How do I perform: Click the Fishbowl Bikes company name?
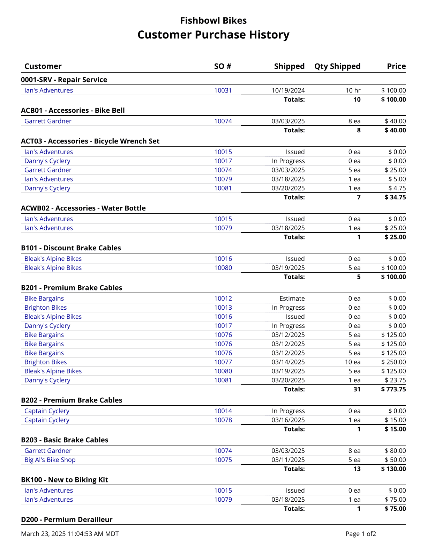[x=213, y=21]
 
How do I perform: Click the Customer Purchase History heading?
[x=213, y=35]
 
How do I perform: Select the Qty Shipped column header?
[x=337, y=66]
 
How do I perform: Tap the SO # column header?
[x=223, y=66]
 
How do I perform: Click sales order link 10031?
[x=223, y=90]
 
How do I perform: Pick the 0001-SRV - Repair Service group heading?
[x=64, y=80]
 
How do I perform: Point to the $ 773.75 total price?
[x=393, y=389]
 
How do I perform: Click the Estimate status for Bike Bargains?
[x=292, y=298]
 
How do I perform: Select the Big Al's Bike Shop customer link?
[x=50, y=460]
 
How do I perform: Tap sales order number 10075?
[x=223, y=460]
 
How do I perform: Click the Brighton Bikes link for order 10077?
[x=45, y=362]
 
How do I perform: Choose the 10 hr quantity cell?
[x=353, y=90]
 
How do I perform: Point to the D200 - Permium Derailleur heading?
[x=67, y=519]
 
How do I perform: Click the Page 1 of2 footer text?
[x=360, y=534]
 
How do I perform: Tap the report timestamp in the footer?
[x=70, y=534]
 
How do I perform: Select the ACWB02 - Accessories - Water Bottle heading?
[x=83, y=208]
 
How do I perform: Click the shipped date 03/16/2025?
[x=288, y=420]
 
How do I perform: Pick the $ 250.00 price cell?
[x=393, y=362]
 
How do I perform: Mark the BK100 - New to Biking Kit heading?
[x=64, y=480]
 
